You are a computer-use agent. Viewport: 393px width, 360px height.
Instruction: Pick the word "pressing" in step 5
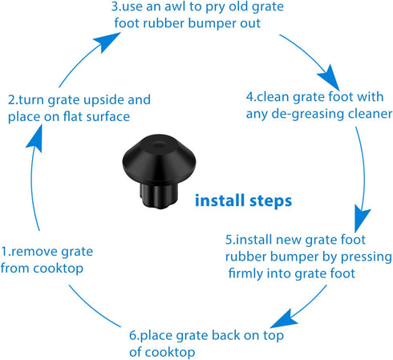tap(366, 257)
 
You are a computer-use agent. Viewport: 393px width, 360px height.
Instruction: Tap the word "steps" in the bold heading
tap(269, 200)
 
